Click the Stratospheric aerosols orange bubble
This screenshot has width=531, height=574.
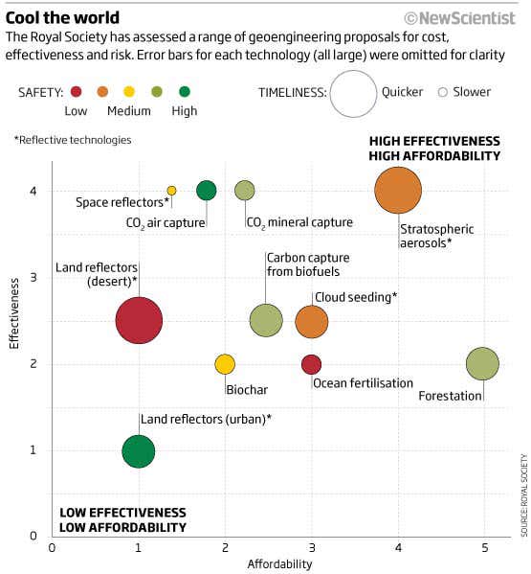tap(398, 191)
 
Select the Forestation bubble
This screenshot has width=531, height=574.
tap(483, 364)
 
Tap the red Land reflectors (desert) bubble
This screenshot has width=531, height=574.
tap(139, 321)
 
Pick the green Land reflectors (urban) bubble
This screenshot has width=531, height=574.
tap(139, 450)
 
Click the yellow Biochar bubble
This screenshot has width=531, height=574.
tap(225, 364)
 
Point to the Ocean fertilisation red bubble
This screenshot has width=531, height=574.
tap(311, 364)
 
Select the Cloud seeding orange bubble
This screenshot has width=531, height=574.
tap(311, 322)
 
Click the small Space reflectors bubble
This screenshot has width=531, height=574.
tap(172, 191)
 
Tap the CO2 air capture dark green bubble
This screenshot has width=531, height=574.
tap(207, 191)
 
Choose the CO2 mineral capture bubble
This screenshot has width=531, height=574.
tap(245, 191)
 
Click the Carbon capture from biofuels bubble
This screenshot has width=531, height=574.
tap(266, 321)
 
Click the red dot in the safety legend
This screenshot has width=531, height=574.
tap(76, 93)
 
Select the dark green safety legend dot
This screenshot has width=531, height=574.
tap(184, 93)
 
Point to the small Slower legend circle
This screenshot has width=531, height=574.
tap(442, 93)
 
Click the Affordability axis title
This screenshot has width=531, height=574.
tap(280, 564)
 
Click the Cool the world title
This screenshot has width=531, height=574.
tap(63, 17)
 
